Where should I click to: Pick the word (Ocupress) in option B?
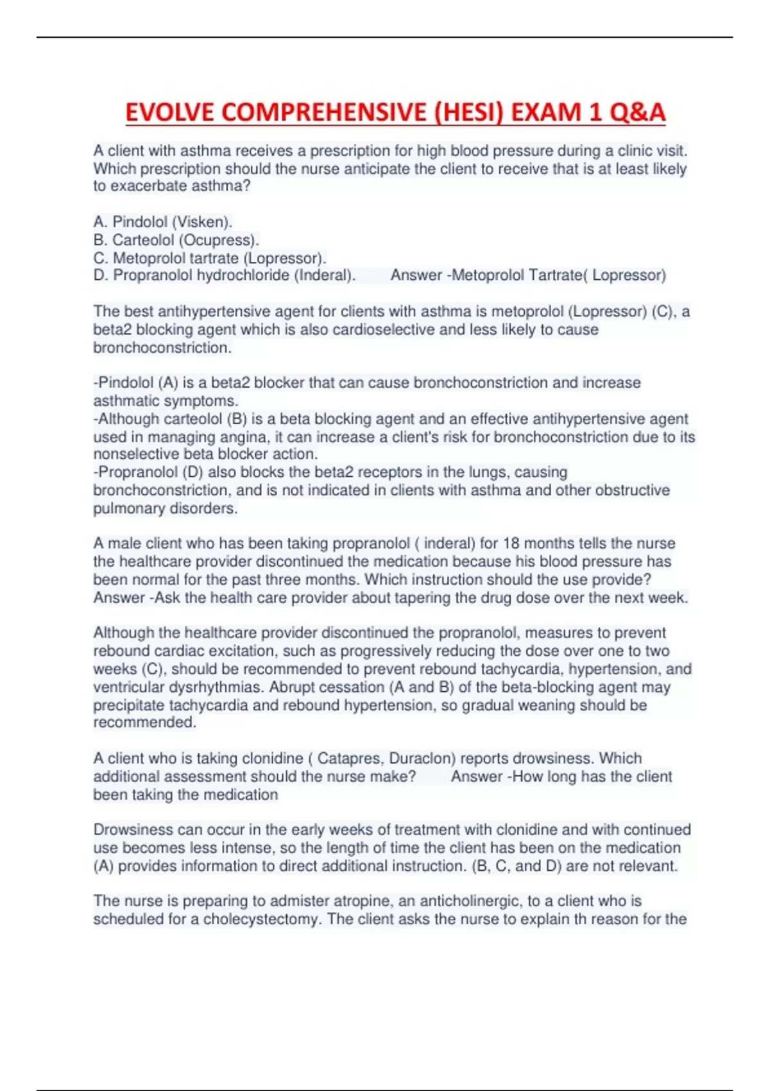click(x=219, y=240)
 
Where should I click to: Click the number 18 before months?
click(x=511, y=544)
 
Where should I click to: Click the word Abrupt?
click(x=293, y=687)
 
